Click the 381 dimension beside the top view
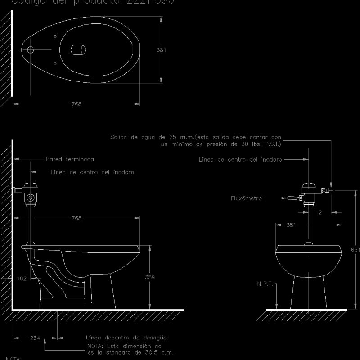click(161, 50)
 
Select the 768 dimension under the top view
click(76, 104)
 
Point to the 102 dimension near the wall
click(22, 279)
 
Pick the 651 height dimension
click(355, 250)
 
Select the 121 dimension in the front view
click(320, 212)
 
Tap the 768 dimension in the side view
click(76, 218)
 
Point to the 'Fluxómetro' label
click(246, 198)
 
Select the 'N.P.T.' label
click(265, 283)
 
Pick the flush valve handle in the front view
click(291, 198)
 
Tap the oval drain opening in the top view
click(78, 49)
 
